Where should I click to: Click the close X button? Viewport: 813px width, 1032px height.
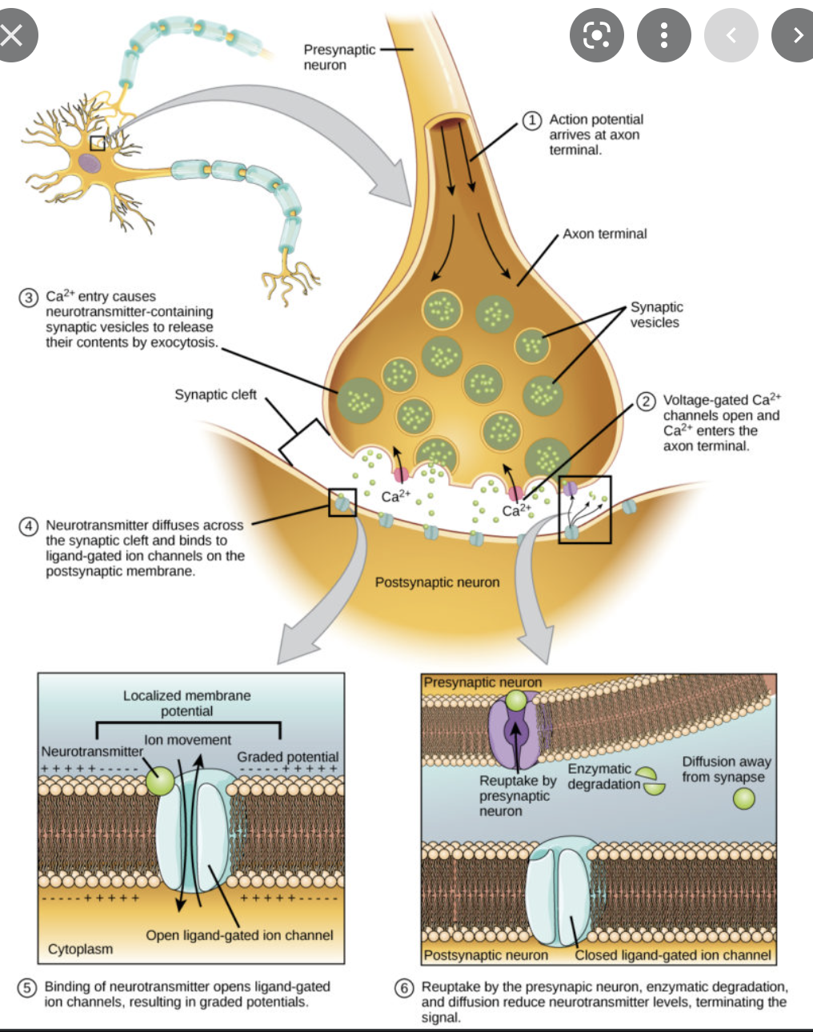pos(12,35)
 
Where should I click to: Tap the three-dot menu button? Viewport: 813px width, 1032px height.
pos(663,35)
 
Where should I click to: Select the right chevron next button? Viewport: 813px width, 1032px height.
pos(796,35)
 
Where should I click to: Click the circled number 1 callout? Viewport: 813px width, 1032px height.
pos(531,120)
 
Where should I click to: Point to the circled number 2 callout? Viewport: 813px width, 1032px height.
pos(646,401)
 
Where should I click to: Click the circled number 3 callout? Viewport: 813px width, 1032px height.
pos(28,298)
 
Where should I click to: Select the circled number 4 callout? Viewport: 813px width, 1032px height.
pos(28,526)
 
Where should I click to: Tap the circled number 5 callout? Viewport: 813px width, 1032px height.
pos(27,988)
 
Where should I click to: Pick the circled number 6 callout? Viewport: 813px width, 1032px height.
pos(404,988)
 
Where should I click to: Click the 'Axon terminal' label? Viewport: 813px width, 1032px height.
pos(604,234)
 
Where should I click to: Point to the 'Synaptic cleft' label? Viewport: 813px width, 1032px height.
pos(215,394)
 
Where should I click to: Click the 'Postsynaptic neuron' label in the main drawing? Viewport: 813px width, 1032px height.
pos(437,582)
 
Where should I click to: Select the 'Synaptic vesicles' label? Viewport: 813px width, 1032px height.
pos(656,314)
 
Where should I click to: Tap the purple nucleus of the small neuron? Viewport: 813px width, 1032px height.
pos(90,164)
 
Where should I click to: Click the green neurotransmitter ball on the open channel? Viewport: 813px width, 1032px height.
pos(160,781)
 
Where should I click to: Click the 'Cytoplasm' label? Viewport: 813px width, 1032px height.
pos(80,949)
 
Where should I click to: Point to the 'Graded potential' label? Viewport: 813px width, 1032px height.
pos(287,757)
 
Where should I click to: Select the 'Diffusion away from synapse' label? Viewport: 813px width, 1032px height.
pos(726,769)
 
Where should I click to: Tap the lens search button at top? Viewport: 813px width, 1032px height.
pos(596,35)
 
